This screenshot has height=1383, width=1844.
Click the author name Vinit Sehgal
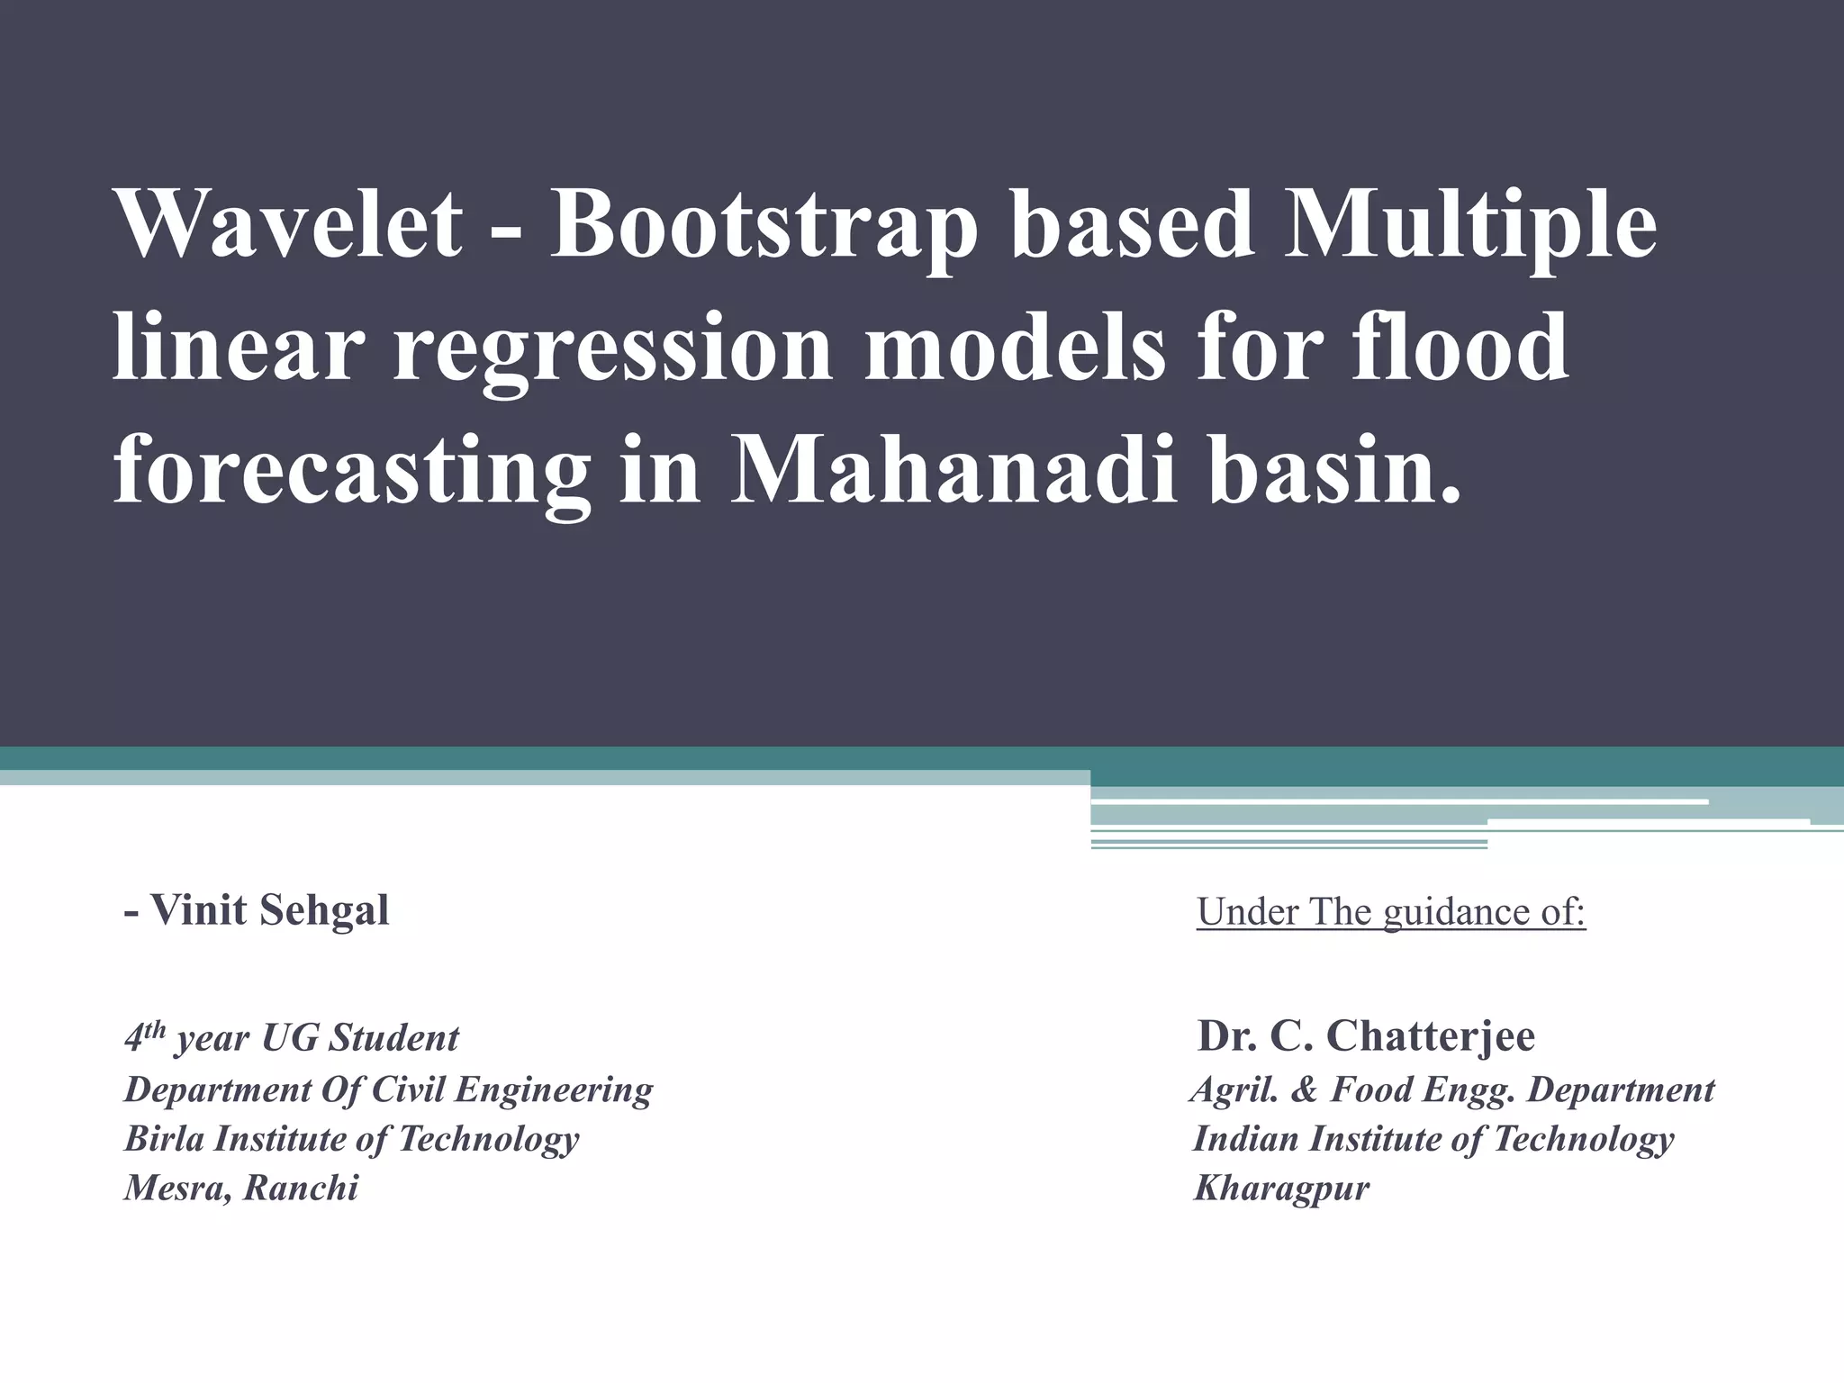[x=268, y=910]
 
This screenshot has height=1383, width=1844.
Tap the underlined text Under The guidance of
[x=1390, y=912]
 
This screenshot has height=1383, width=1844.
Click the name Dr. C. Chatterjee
[x=1366, y=1036]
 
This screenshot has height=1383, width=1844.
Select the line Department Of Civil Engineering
[x=388, y=1089]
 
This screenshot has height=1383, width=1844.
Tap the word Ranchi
[x=301, y=1189]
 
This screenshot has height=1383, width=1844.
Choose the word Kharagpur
[x=1280, y=1189]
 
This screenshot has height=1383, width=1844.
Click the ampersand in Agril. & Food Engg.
[x=1303, y=1090]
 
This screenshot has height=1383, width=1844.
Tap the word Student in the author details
[x=393, y=1039]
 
